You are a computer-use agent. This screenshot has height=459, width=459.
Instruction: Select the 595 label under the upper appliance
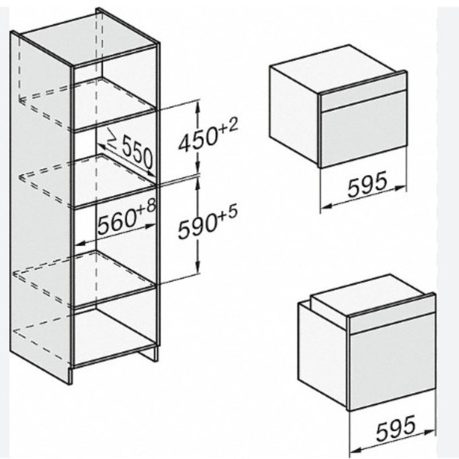tap(367, 184)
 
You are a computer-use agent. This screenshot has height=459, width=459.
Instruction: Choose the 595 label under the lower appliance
tap(396, 427)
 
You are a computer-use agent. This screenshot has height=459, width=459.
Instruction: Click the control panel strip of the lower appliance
tap(392, 315)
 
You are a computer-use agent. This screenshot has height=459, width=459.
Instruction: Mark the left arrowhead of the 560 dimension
tap(80, 243)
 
